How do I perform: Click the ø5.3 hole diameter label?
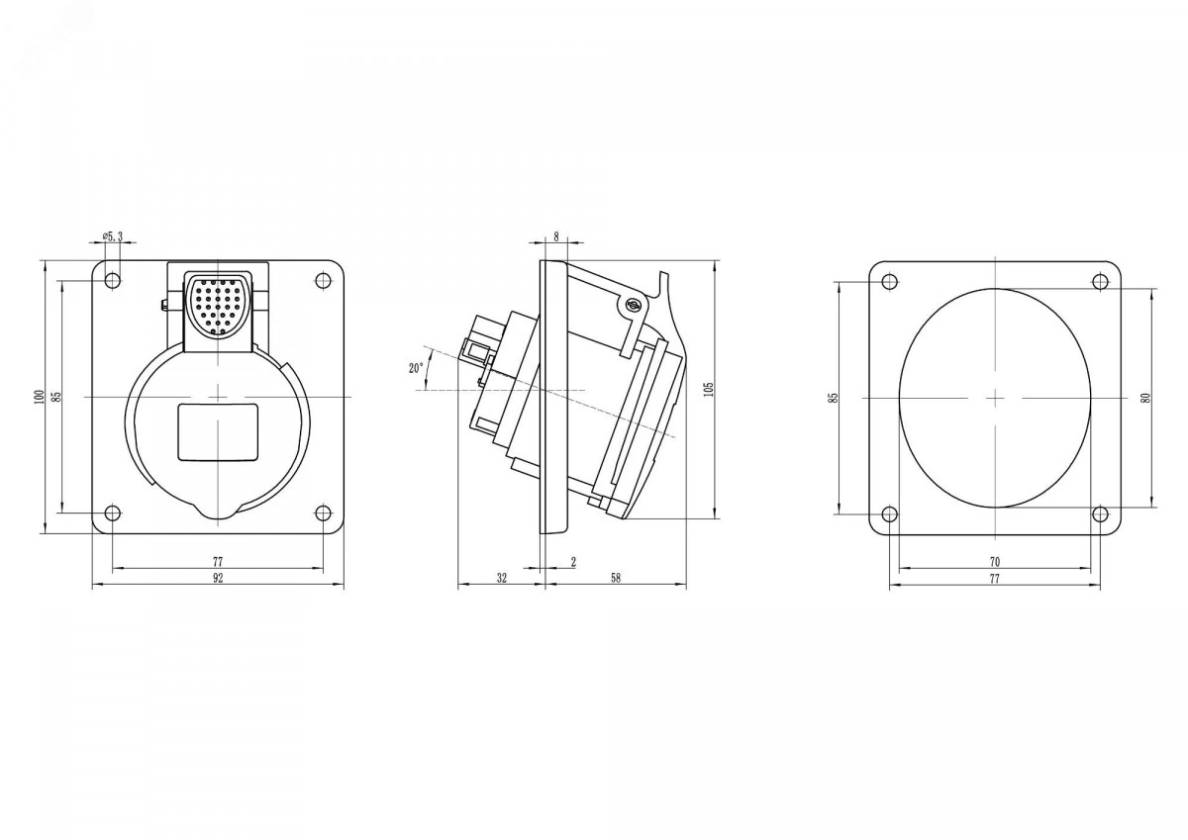tap(112, 236)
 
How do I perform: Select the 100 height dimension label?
tap(39, 397)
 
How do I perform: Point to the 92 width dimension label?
tap(218, 578)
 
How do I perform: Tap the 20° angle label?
tap(416, 368)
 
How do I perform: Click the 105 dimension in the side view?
tap(710, 389)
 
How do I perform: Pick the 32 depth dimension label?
tap(501, 578)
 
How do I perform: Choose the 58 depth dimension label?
tap(615, 578)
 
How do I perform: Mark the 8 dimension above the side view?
tap(556, 236)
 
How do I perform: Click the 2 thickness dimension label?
tap(573, 562)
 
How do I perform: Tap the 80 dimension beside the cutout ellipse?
tap(1145, 398)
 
